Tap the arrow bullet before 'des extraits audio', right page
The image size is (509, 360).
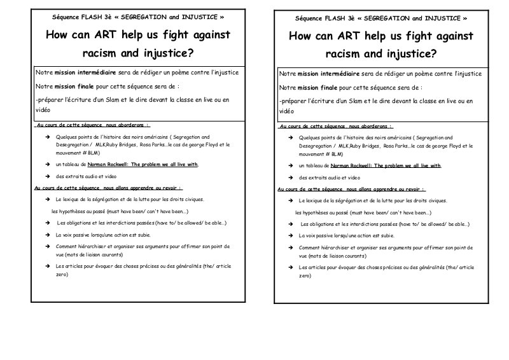(290, 177)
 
